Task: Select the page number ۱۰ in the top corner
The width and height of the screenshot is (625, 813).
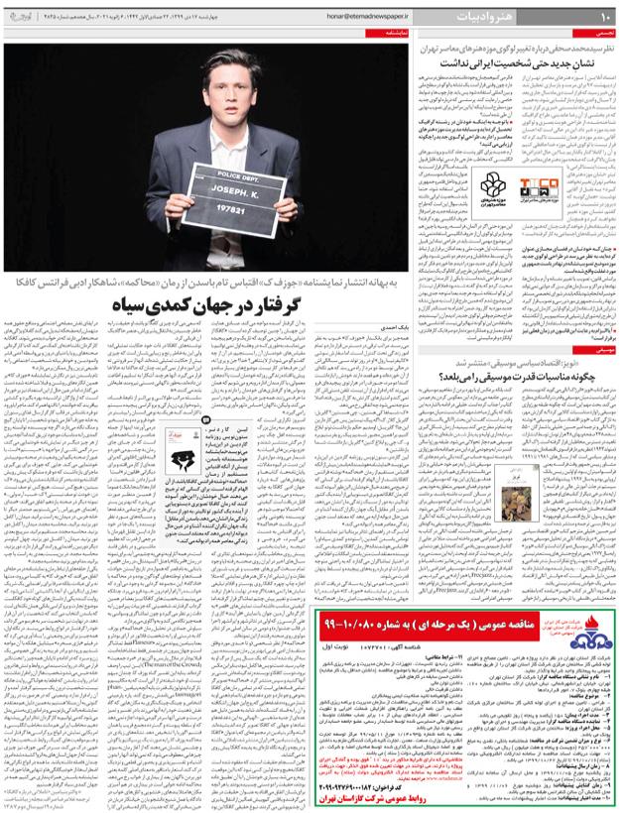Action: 607,17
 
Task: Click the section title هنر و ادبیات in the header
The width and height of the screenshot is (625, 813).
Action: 552,17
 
